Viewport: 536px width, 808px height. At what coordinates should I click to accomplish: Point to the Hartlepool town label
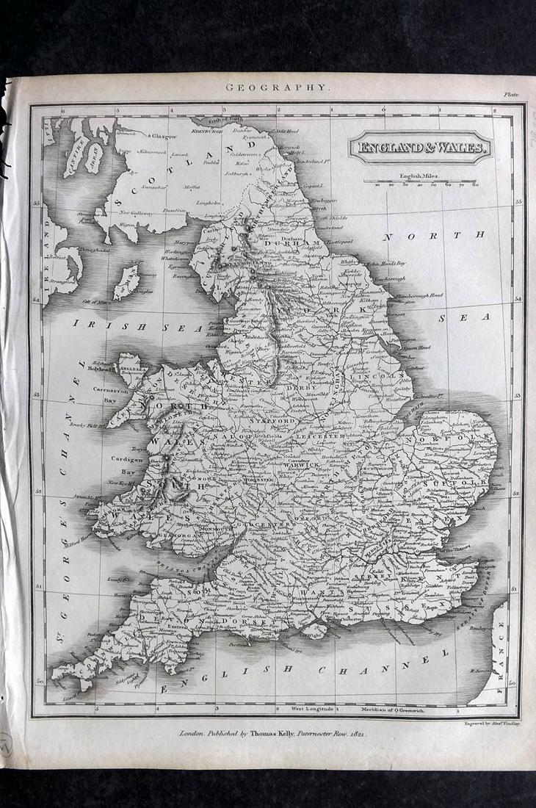tap(343, 242)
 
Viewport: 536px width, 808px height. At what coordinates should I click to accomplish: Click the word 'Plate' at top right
tap(510, 94)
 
